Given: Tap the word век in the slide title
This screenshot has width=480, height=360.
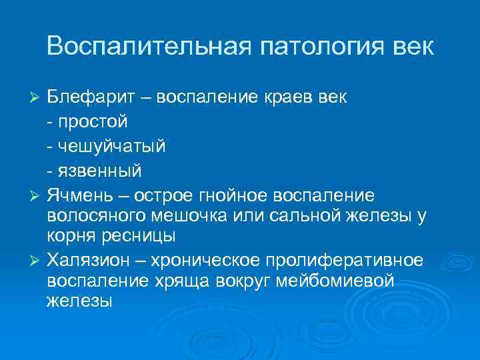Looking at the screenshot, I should click(411, 47).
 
